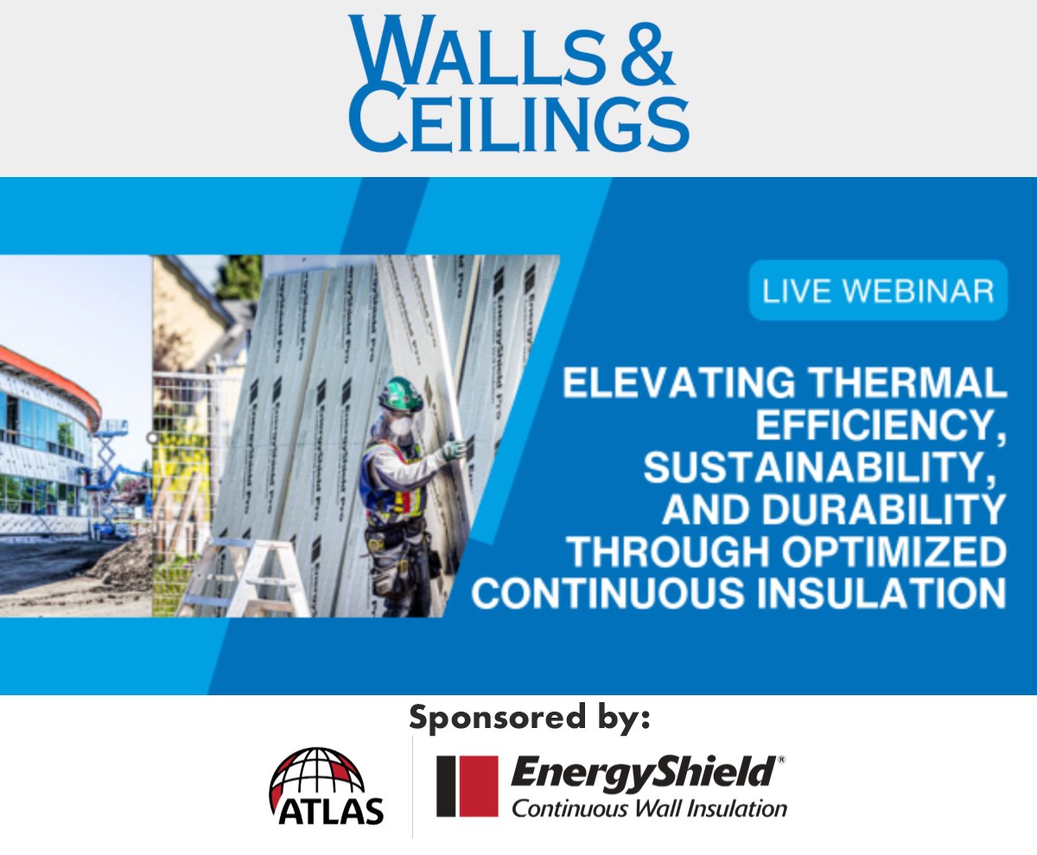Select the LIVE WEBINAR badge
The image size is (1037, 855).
click(877, 290)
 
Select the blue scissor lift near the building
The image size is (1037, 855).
click(107, 475)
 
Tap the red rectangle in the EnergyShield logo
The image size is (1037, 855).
click(467, 786)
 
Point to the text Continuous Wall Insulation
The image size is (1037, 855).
click(649, 809)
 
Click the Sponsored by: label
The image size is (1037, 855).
click(529, 718)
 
